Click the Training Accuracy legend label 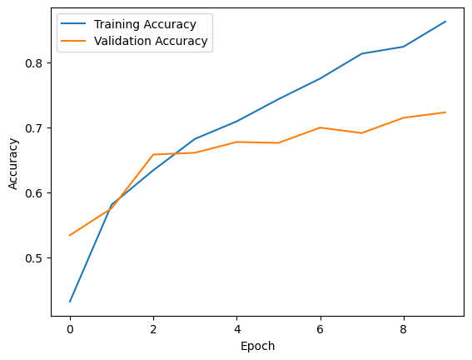(145, 24)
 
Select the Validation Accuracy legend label (151, 41)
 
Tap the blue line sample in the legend (73, 24)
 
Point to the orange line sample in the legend (73, 41)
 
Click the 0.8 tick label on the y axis (33, 63)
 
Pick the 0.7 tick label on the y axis (33, 128)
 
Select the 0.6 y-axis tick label (33, 192)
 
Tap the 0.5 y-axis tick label (33, 257)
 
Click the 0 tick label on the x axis (70, 329)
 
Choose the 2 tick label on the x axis (153, 329)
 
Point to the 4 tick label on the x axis (237, 329)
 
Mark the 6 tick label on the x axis (320, 329)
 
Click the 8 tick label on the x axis (404, 329)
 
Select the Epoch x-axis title (258, 346)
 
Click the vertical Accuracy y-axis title (13, 164)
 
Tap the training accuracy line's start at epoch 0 (70, 302)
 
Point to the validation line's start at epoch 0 (70, 235)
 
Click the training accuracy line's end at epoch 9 (445, 22)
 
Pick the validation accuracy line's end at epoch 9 (445, 112)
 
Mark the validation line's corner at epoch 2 (153, 154)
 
